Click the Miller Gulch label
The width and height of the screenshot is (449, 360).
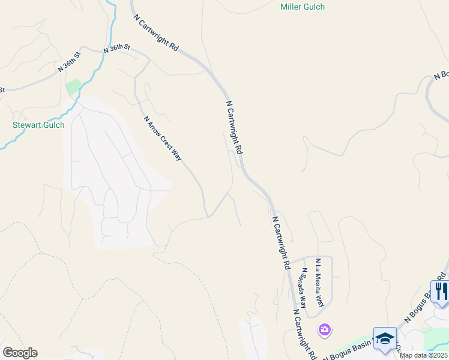[x=303, y=7]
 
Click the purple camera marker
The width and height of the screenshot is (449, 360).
[x=325, y=329]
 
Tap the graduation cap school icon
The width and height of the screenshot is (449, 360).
[x=384, y=337]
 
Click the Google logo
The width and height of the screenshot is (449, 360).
[x=20, y=353]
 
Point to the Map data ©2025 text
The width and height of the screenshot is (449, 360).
[x=423, y=355]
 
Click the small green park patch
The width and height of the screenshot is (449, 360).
[x=73, y=87]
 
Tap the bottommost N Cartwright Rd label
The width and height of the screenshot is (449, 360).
[x=305, y=334]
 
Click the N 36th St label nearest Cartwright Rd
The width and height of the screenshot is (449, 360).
[x=117, y=49]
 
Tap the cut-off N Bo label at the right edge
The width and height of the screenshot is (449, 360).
[x=441, y=75]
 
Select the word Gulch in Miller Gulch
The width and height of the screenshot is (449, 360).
[x=314, y=7]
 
